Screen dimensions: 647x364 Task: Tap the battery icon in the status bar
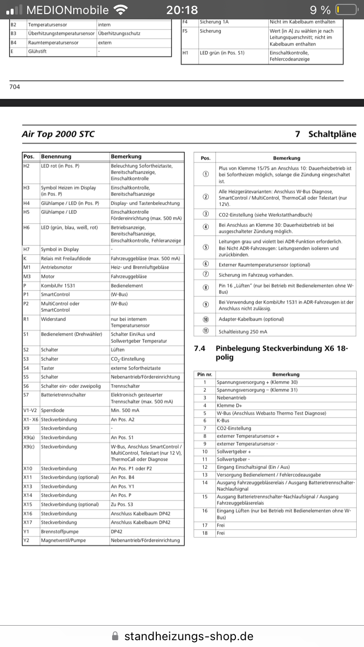coord(346,10)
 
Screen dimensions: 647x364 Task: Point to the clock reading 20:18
coord(182,10)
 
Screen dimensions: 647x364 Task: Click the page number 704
coord(15,87)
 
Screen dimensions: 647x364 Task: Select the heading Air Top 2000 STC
coord(58,134)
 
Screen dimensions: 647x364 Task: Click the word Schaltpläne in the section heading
coord(332,134)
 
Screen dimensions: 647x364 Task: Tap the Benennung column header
coord(56,157)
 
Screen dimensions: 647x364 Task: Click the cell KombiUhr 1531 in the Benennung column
coord(58,286)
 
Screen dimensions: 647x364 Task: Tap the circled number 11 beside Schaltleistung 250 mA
coord(206,332)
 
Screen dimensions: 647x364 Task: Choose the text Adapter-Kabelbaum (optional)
coord(251,319)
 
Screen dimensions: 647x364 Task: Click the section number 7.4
coord(199,348)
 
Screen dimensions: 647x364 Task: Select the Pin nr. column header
coord(205,374)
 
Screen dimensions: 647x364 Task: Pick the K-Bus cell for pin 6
coord(223,421)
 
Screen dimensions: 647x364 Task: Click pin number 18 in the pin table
coord(205,533)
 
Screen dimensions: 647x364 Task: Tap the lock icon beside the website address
coord(115,636)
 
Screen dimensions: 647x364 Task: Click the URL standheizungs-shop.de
coord(189,636)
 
